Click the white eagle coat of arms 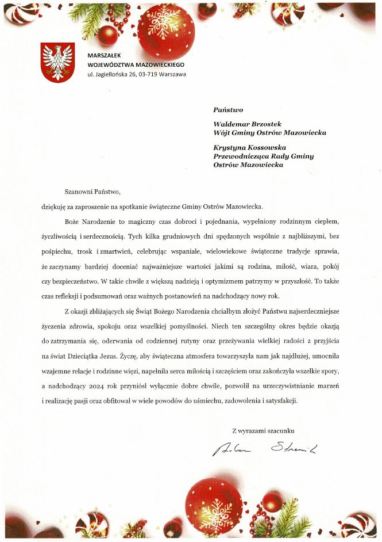point(57,62)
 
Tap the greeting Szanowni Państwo point(92,191)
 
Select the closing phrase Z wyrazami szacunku point(263,430)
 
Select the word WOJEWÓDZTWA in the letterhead point(110,64)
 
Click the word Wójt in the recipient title point(222,132)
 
